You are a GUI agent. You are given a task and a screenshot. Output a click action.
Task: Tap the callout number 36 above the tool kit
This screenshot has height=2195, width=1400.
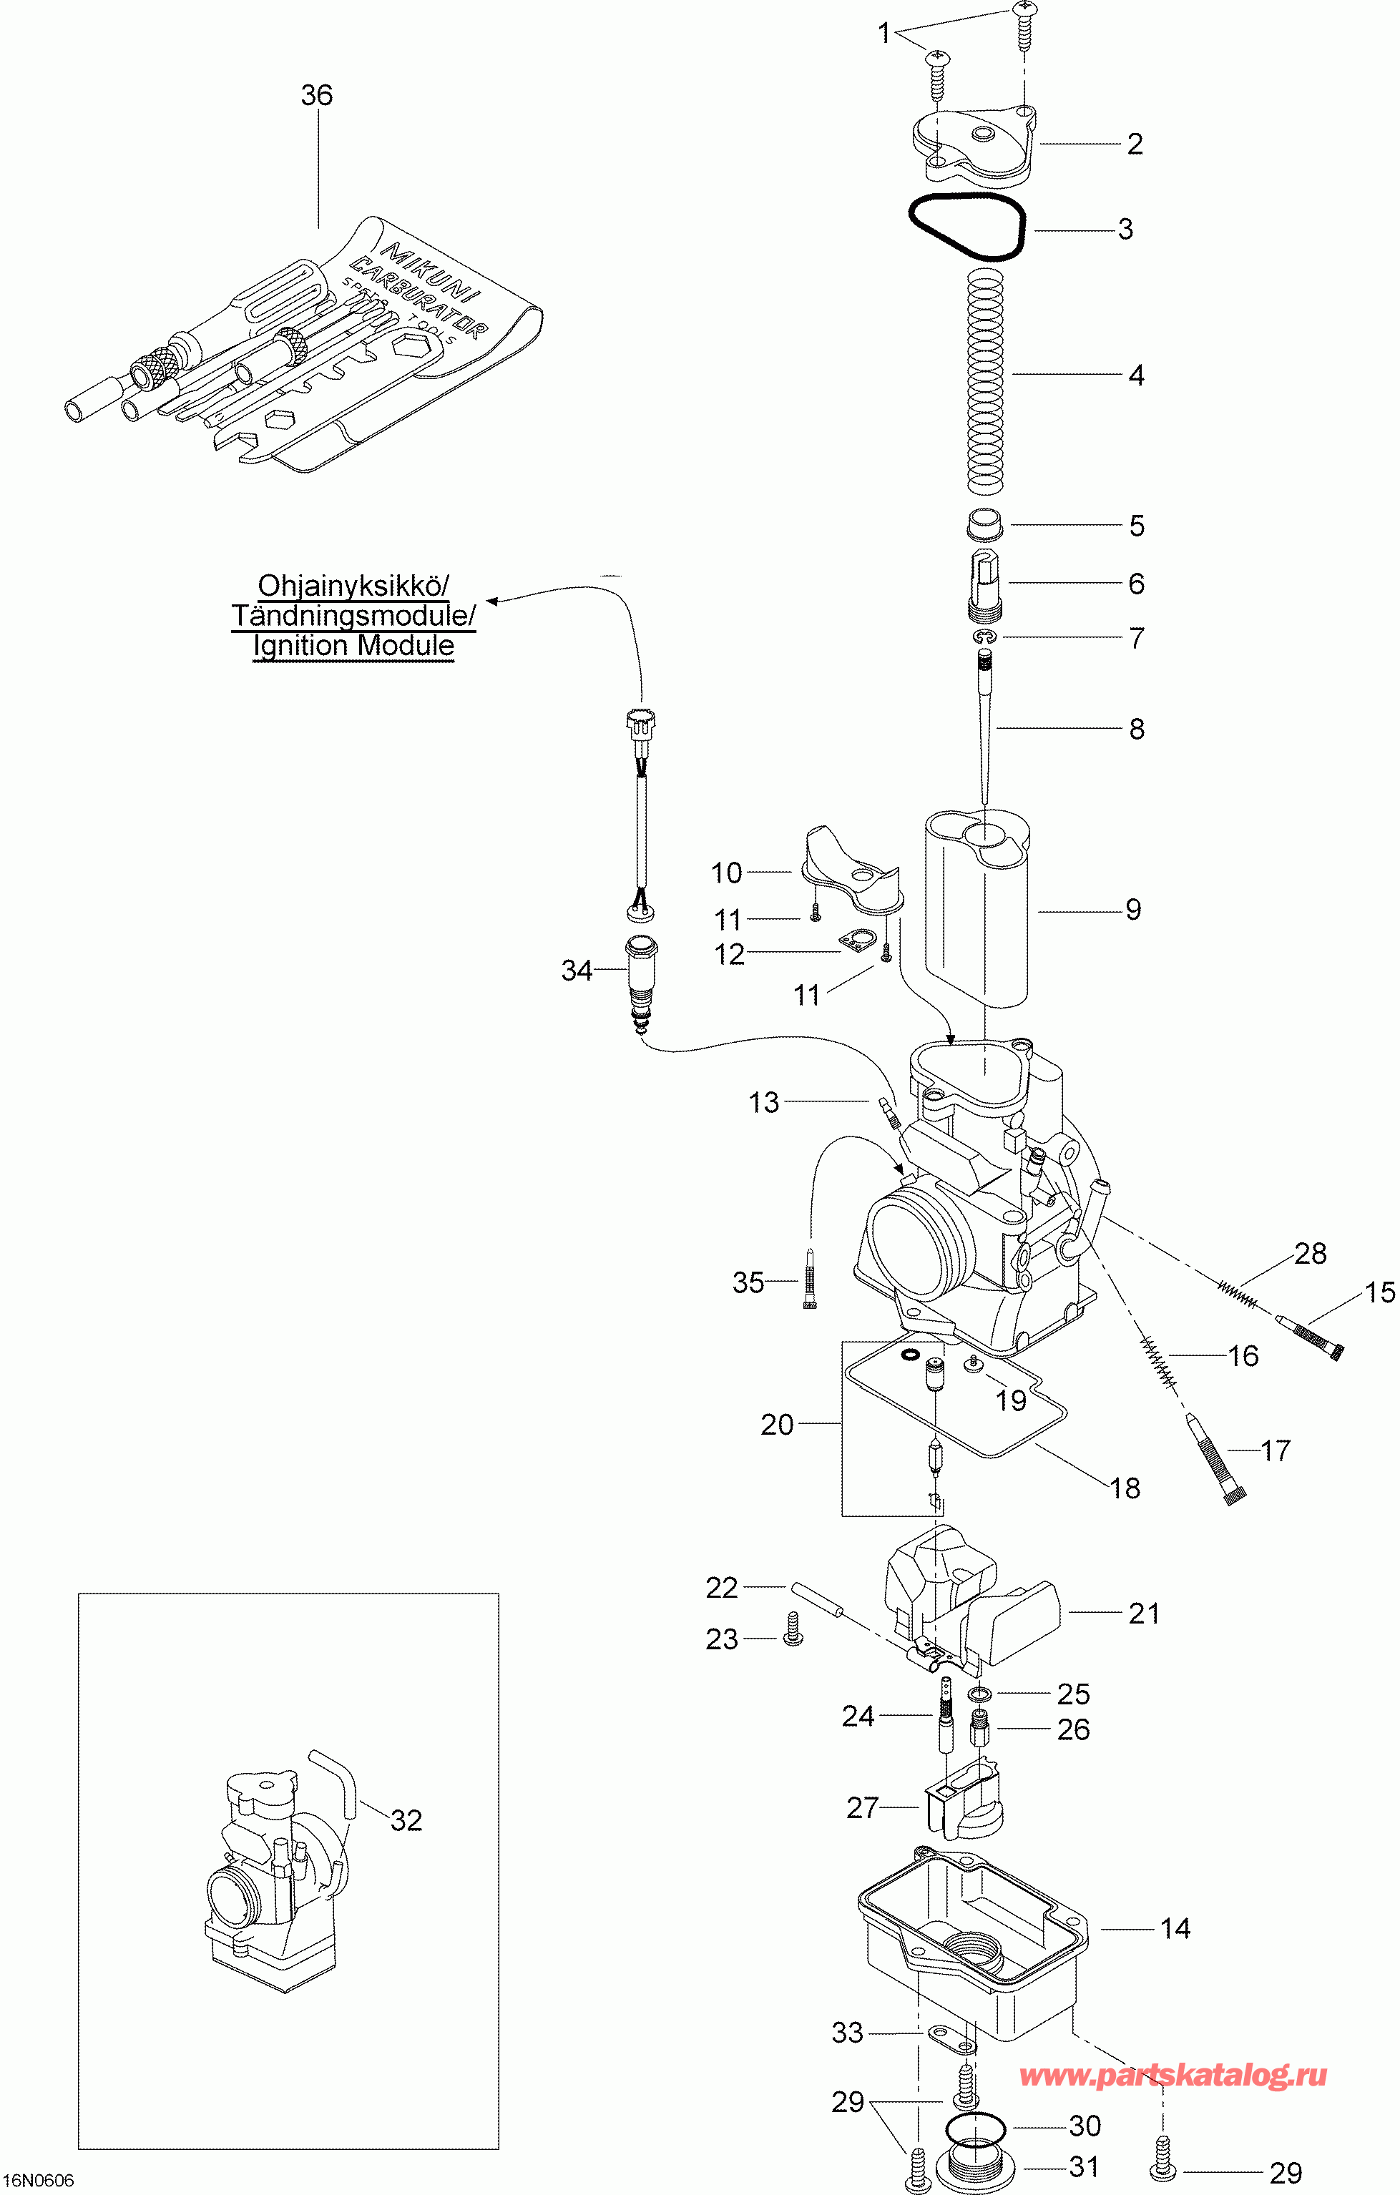pyautogui.click(x=317, y=95)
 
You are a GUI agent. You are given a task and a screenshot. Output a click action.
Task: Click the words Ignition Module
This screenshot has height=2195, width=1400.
pyautogui.click(x=353, y=645)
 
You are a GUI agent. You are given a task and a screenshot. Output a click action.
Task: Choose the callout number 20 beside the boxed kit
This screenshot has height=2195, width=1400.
pyautogui.click(x=778, y=1425)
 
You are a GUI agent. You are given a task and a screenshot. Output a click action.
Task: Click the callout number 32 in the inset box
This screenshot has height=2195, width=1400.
pyautogui.click(x=406, y=1820)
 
